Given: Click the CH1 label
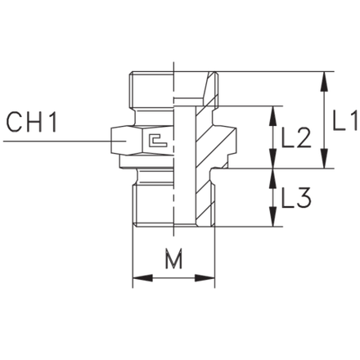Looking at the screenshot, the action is (x=32, y=122).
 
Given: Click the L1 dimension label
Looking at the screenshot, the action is (x=344, y=121).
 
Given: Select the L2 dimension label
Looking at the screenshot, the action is (x=296, y=138).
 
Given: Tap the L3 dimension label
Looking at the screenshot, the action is (x=296, y=198).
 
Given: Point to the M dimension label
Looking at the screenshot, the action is (x=173, y=258).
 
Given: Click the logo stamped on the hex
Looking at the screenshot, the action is (x=159, y=140).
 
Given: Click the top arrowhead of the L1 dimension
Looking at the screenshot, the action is (x=324, y=81).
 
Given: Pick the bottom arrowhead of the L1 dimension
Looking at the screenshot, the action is (x=324, y=158).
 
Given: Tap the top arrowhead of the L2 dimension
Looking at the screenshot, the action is (x=272, y=116).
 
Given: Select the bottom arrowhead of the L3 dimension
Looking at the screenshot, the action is (x=272, y=217).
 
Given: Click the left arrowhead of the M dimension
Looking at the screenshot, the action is (x=142, y=278).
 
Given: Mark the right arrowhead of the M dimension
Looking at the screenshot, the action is (x=205, y=278).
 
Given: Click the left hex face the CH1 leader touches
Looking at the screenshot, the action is (x=126, y=141).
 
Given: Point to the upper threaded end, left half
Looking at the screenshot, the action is (x=151, y=89).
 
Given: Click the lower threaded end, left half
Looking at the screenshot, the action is (x=153, y=205).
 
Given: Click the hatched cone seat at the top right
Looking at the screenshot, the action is (x=211, y=88).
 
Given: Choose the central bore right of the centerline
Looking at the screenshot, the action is (x=185, y=166).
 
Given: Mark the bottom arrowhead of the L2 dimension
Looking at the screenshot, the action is (x=272, y=158).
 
